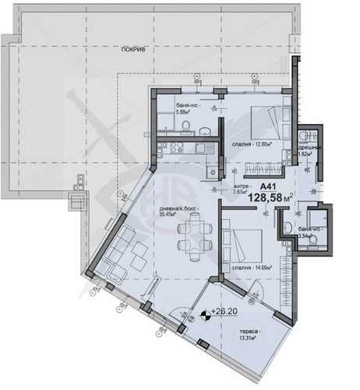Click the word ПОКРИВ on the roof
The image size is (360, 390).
(133, 48)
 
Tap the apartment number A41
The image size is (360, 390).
(268, 186)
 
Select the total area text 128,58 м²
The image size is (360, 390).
(270, 199)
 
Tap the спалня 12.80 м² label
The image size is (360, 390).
(250, 144)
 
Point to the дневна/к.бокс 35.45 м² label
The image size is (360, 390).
(177, 209)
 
